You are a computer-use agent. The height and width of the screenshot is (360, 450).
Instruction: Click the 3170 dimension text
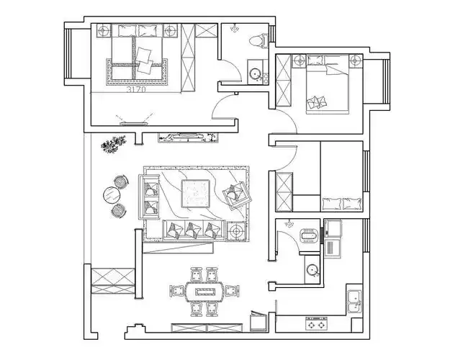(136, 89)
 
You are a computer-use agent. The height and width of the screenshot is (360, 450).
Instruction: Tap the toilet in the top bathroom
(258, 40)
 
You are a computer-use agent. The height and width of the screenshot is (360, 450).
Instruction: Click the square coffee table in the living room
(195, 193)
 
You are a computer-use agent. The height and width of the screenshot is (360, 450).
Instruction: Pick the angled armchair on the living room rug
(236, 195)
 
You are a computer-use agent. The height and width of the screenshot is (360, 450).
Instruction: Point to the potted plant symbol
(113, 144)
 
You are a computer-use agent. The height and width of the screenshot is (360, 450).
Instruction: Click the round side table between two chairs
(112, 196)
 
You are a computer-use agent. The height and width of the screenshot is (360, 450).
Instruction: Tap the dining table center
(205, 292)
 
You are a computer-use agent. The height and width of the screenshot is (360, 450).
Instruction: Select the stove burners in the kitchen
(316, 323)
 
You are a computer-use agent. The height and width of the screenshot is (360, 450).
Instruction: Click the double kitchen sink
(355, 301)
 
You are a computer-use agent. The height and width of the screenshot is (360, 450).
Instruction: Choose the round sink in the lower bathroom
(312, 269)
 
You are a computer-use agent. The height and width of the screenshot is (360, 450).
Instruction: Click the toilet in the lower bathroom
(309, 235)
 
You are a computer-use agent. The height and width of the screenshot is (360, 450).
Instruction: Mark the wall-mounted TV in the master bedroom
(134, 124)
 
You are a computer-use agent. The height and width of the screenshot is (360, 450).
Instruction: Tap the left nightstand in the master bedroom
(104, 30)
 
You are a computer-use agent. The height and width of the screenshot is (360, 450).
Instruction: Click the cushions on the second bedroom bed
(317, 102)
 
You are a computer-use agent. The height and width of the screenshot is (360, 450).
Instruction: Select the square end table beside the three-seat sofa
(236, 230)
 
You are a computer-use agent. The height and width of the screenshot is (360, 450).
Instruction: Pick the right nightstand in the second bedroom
(356, 61)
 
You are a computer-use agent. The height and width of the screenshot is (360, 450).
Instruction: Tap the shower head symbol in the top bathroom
(235, 28)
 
